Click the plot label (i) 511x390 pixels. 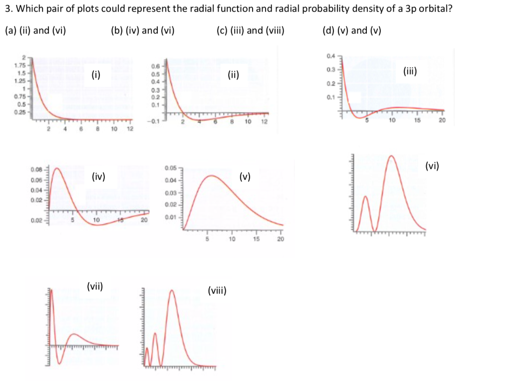[96, 75]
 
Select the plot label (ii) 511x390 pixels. [233, 75]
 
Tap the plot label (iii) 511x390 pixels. [410, 71]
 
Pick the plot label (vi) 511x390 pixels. [432, 165]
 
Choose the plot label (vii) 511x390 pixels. [95, 286]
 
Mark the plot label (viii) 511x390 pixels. [217, 290]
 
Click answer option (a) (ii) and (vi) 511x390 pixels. [35, 30]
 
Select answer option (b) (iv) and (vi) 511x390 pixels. [142, 30]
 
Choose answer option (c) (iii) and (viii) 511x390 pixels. [251, 30]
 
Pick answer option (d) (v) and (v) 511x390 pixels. [352, 30]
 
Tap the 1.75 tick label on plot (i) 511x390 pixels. [20, 65]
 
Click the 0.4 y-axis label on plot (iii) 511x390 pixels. [331, 55]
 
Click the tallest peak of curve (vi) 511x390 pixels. [392, 156]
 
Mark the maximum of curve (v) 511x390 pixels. [212, 175]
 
